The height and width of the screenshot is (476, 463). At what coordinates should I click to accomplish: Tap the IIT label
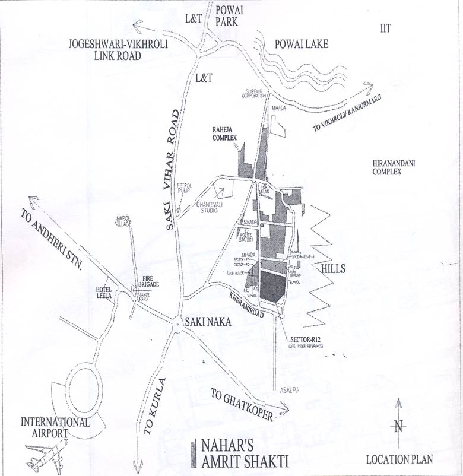[386, 28]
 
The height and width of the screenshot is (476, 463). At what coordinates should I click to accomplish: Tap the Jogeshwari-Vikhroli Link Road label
[104, 50]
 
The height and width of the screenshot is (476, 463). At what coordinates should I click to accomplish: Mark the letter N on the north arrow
[399, 425]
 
